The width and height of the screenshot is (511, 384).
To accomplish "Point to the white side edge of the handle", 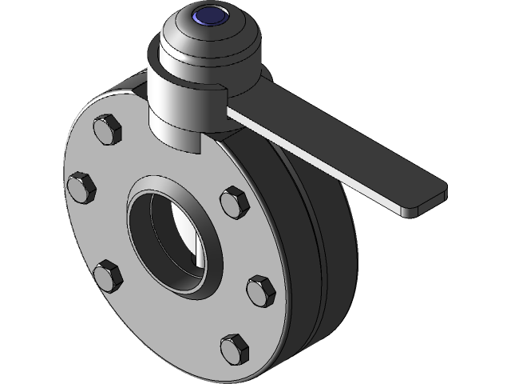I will [x=319, y=168].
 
